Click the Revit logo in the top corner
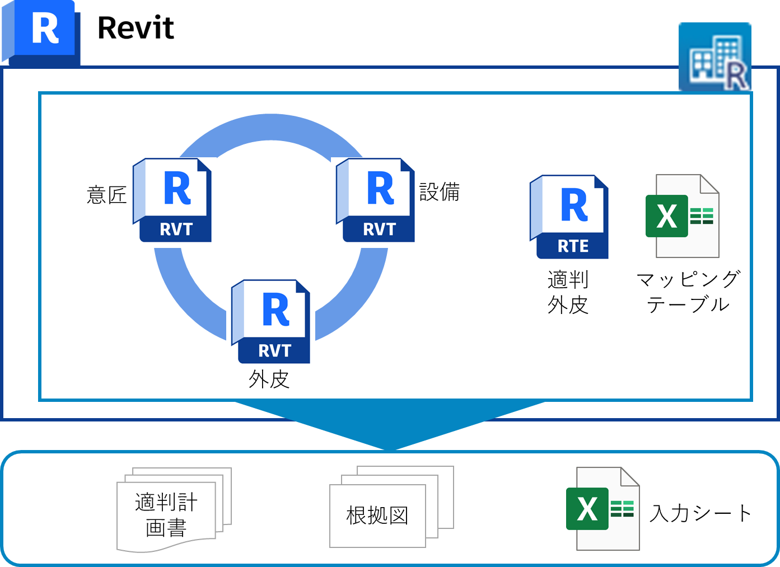click(x=41, y=32)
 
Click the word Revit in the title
click(x=136, y=28)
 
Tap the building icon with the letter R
click(x=715, y=57)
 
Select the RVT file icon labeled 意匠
click(x=172, y=200)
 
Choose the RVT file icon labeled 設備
click(x=375, y=200)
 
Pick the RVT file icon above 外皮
click(x=270, y=322)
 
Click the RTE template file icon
click(x=569, y=217)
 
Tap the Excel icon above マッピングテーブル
click(x=683, y=216)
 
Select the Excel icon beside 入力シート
click(x=602, y=509)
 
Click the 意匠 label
click(x=106, y=195)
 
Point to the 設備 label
click(x=440, y=192)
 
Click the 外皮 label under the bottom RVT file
click(x=269, y=379)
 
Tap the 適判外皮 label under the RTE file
click(x=568, y=292)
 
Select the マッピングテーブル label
click(x=688, y=292)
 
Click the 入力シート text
click(x=700, y=513)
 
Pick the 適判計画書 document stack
click(x=174, y=510)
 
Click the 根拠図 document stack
click(x=391, y=507)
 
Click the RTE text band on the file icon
click(x=573, y=246)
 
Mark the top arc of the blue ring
click(x=271, y=128)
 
